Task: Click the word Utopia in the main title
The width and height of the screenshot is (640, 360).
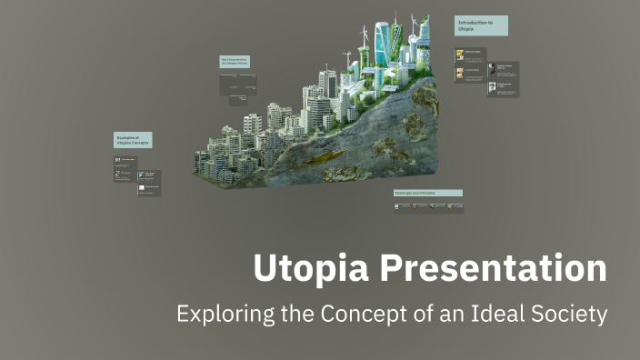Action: pos(305,270)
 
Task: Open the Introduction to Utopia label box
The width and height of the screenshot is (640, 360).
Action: pos(480,25)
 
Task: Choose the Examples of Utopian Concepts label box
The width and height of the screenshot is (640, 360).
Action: pos(133,140)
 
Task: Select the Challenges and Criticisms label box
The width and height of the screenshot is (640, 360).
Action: pos(427,193)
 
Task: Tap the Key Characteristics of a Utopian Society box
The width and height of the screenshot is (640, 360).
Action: pos(235,62)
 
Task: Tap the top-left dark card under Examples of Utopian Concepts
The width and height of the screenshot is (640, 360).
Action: pos(125,160)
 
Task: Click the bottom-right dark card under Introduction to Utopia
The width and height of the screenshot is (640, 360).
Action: pos(503,89)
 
